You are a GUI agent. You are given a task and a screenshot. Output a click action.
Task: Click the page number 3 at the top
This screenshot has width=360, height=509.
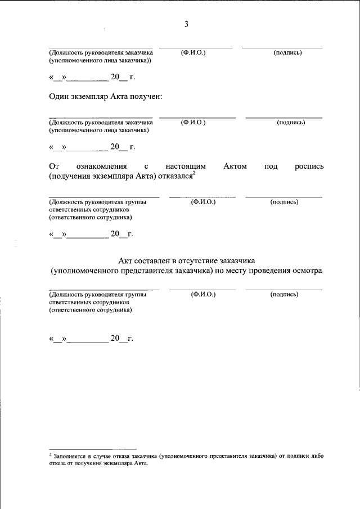click(186, 24)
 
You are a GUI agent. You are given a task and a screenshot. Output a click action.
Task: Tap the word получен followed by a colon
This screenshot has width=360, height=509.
click(146, 97)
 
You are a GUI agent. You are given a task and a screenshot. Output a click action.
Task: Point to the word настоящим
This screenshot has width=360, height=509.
click(186, 166)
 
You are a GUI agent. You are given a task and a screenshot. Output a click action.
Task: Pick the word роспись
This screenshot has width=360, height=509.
click(309, 166)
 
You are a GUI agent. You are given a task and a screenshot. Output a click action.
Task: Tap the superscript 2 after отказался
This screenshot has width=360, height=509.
click(193, 174)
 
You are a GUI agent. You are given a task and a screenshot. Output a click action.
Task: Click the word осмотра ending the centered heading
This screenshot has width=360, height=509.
click(307, 271)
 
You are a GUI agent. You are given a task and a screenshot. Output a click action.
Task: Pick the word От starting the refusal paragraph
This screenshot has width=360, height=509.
click(54, 166)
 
